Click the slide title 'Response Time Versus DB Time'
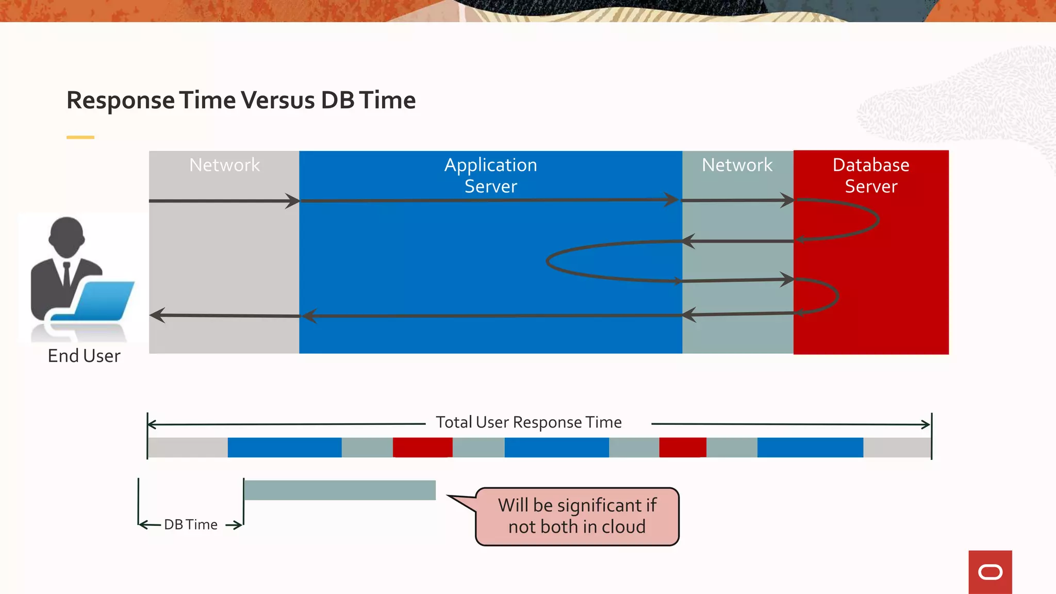pos(241,100)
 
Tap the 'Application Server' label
pos(490,175)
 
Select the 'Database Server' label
pos(870,175)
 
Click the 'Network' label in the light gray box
pos(224,165)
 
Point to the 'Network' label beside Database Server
pos(737,165)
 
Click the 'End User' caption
pos(84,356)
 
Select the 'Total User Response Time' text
pos(529,422)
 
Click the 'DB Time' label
pos(191,524)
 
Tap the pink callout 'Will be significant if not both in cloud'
pos(576,516)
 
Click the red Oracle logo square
pos(989,572)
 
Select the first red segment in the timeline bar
pos(422,447)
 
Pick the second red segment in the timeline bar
pos(682,447)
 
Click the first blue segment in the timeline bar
pos(284,447)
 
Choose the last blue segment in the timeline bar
pos(810,447)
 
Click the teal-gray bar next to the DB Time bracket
pos(339,490)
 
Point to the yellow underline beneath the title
pos(80,137)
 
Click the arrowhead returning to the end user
pos(157,315)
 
